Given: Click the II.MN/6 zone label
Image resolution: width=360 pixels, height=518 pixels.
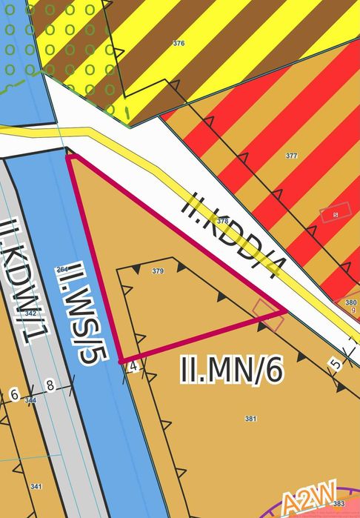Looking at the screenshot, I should pyautogui.click(x=232, y=369).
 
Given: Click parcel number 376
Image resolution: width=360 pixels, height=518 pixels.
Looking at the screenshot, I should pyautogui.click(x=179, y=44).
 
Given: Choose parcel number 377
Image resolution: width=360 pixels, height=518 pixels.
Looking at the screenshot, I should pyautogui.click(x=291, y=156).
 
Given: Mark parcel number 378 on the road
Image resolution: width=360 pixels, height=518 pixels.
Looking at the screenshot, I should pyautogui.click(x=222, y=221).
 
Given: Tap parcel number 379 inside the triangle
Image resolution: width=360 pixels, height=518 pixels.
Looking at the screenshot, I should pyautogui.click(x=157, y=271).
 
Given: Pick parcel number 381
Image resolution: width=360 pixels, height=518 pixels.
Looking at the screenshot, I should pyautogui.click(x=250, y=419).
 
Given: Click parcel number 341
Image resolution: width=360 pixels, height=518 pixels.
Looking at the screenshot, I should pyautogui.click(x=36, y=487).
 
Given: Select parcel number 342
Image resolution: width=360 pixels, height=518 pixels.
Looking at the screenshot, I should pyautogui.click(x=30, y=314).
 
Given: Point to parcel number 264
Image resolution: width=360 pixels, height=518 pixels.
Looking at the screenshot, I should pyautogui.click(x=62, y=268).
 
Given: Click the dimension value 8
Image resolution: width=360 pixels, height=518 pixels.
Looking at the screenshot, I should pyautogui.click(x=50, y=385).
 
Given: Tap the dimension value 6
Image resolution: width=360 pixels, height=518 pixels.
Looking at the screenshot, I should pyautogui.click(x=14, y=395).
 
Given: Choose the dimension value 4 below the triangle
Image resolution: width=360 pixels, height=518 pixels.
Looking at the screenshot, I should pyautogui.click(x=133, y=366).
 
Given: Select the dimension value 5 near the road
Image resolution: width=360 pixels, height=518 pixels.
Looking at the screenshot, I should pyautogui.click(x=336, y=364).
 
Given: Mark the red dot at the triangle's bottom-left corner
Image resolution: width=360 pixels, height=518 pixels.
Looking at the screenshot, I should pyautogui.click(x=121, y=361).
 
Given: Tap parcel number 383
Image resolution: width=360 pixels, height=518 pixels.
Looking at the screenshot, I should pyautogui.click(x=339, y=504).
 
